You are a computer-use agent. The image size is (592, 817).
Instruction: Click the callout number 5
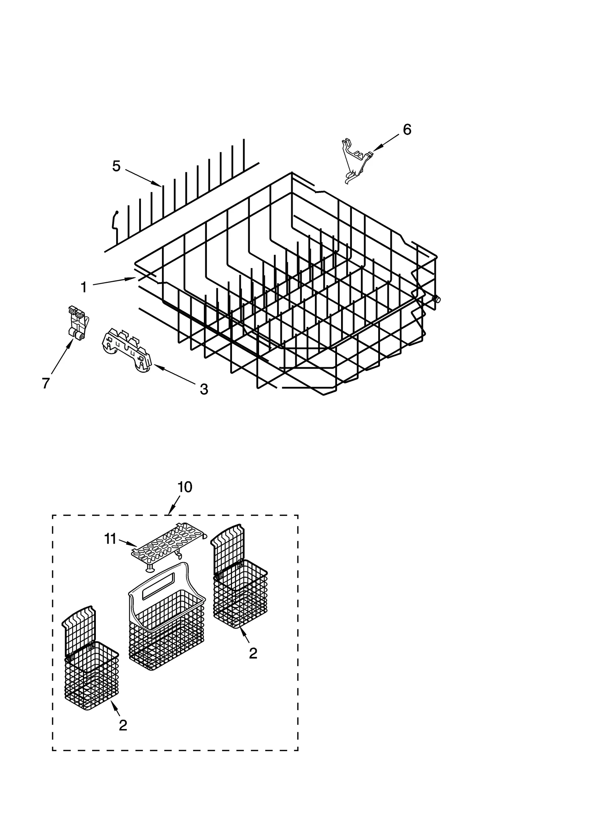116,166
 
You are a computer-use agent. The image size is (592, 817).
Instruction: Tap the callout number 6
407,130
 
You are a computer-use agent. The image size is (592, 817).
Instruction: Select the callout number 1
84,287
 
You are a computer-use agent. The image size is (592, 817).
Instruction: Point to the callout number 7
46,384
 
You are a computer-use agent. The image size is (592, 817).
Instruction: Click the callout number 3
204,389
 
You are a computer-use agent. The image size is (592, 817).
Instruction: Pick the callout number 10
185,487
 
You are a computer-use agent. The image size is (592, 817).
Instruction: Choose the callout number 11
110,539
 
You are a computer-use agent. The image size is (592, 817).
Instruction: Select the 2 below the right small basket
253,654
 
